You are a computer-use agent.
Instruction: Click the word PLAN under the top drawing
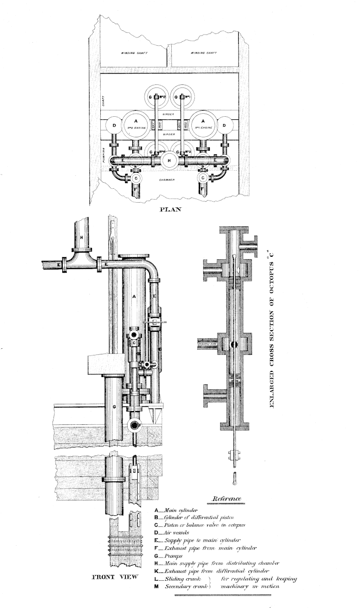(170, 209)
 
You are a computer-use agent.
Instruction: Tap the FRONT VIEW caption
(115, 577)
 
